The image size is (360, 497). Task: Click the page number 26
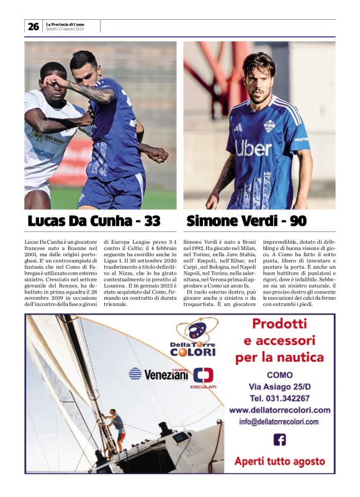pyautogui.click(x=33, y=26)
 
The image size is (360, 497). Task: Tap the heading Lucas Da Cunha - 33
pyautogui.click(x=94, y=221)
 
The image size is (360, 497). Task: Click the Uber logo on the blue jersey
pyautogui.click(x=253, y=148)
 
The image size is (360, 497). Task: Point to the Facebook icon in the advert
pyautogui.click(x=279, y=439)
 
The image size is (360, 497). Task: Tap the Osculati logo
pyautogui.click(x=204, y=377)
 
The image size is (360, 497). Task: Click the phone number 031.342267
pyautogui.click(x=279, y=398)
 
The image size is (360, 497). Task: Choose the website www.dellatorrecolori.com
pyautogui.click(x=279, y=410)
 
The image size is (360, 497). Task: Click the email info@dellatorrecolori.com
pyautogui.click(x=279, y=422)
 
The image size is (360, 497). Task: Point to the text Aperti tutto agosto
pyautogui.click(x=279, y=461)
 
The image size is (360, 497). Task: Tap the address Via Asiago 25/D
pyautogui.click(x=279, y=386)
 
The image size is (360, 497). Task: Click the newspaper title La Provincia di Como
pyautogui.click(x=65, y=24)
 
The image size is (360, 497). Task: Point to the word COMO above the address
pyautogui.click(x=279, y=375)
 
